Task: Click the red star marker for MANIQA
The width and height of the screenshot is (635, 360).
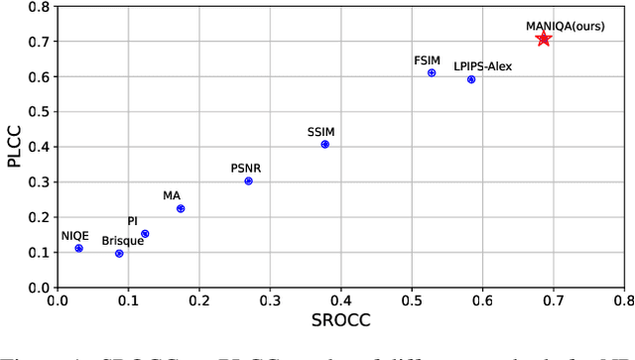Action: [x=543, y=39]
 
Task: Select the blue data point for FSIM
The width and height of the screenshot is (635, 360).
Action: [x=432, y=72]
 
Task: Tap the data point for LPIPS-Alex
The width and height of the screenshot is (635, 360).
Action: [x=471, y=79]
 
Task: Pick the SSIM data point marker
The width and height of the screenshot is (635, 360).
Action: [x=324, y=144]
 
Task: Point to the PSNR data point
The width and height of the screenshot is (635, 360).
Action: [x=248, y=180]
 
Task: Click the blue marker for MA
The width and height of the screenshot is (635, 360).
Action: [x=181, y=208]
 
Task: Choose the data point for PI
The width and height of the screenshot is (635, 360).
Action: [x=145, y=234]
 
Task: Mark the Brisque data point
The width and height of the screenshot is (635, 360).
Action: [x=119, y=253]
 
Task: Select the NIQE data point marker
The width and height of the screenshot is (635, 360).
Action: [x=78, y=248]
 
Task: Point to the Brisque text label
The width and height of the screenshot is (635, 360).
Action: [x=122, y=240]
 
